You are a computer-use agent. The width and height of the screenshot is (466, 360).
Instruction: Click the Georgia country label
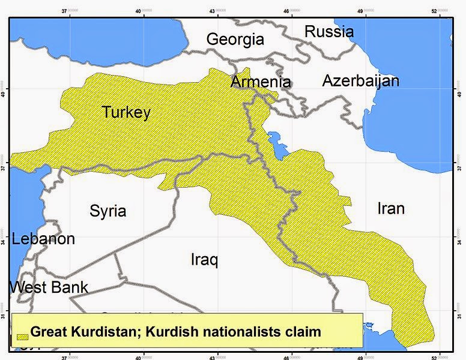coord(235,40)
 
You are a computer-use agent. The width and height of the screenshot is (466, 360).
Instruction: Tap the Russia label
coord(328,31)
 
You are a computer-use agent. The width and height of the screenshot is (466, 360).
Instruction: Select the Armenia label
coord(261,82)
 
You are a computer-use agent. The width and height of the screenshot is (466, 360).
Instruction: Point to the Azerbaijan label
coord(360,80)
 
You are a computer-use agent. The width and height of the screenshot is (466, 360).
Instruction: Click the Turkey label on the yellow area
coord(126,112)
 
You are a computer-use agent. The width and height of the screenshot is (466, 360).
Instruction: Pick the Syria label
coord(107,211)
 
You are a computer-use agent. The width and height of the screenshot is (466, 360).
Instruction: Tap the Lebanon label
coord(43,239)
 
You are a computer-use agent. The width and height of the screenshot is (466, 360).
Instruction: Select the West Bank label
coord(49,287)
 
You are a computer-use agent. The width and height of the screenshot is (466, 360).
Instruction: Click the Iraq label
coord(204,260)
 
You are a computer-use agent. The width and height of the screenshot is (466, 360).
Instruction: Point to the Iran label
coord(390,208)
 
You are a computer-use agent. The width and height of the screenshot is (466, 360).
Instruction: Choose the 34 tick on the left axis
coord(4,242)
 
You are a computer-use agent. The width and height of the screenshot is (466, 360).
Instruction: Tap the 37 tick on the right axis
coord(461,169)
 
